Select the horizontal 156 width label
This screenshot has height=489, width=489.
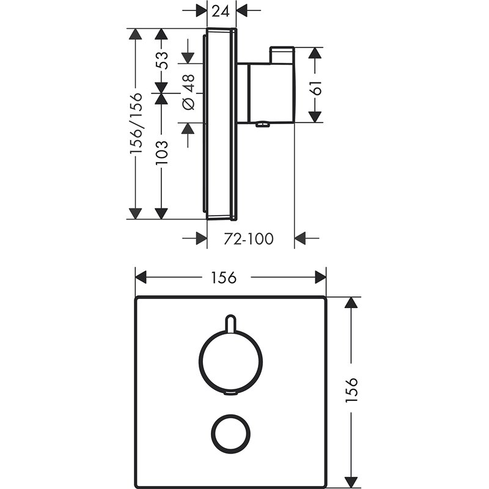(224, 278)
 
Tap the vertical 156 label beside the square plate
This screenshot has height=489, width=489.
(351, 389)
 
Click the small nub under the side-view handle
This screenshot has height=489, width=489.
(263, 126)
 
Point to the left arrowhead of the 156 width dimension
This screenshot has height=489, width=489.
(141, 278)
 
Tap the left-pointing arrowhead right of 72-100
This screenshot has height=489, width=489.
(301, 238)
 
